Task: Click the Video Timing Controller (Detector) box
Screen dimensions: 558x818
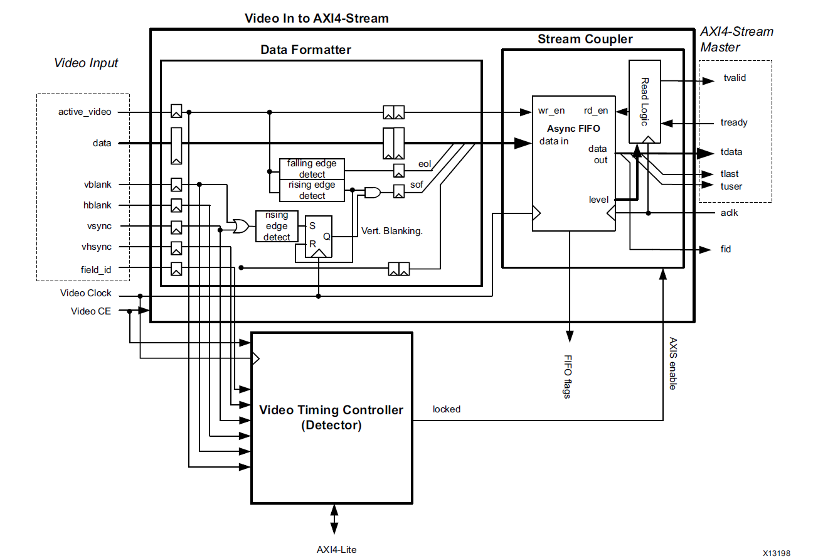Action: tap(331, 417)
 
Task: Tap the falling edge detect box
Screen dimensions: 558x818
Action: tap(312, 168)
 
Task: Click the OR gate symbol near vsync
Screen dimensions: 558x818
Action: tap(238, 226)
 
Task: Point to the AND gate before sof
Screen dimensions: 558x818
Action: tap(373, 193)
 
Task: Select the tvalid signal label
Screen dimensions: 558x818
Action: tap(735, 78)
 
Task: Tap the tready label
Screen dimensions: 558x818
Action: tap(734, 122)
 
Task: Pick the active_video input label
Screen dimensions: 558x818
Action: tap(85, 112)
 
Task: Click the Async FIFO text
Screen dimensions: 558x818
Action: tap(573, 129)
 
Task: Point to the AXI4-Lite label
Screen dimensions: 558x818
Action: tap(336, 549)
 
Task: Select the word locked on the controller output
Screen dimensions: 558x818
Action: tap(447, 409)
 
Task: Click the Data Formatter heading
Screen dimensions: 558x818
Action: tap(305, 50)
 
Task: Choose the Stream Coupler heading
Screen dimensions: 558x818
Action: tap(585, 39)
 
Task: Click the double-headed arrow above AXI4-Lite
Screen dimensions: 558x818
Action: tap(334, 519)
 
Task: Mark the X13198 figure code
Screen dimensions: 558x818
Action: tap(777, 553)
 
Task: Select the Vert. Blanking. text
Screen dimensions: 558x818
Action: tap(392, 230)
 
